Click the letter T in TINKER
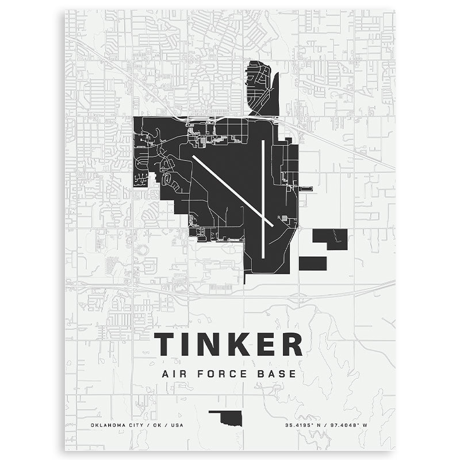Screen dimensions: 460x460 point(164,344)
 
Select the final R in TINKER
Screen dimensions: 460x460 point(292,344)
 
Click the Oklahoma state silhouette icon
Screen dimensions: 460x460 point(228,417)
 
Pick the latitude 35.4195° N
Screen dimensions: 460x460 point(305,425)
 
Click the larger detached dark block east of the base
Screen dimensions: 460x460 point(330,237)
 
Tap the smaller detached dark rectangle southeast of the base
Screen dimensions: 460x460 point(313,263)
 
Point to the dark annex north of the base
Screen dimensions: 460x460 point(262,86)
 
